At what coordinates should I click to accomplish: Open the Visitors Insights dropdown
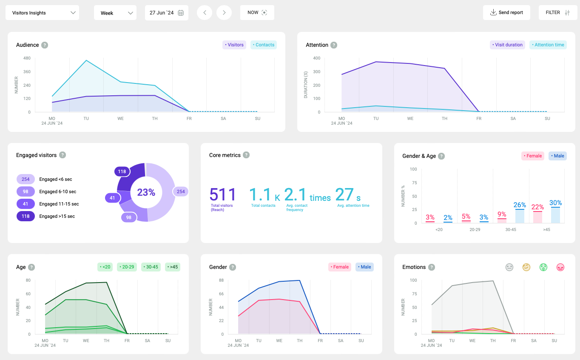pos(42,13)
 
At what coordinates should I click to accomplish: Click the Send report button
pos(506,13)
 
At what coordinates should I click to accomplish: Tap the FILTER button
pos(557,13)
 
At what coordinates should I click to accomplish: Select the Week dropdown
pos(115,13)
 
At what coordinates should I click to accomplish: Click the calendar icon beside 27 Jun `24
pos(181,13)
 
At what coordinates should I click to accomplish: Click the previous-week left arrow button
pos(205,13)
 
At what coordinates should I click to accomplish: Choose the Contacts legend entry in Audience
pos(264,45)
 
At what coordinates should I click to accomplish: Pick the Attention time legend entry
pos(548,45)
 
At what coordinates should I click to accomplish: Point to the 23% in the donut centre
pos(146,192)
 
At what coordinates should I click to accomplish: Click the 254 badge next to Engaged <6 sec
pos(26,179)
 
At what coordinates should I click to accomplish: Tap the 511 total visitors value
pos(222,195)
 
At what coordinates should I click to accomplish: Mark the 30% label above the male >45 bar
pos(555,203)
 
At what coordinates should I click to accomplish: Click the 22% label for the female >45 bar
pos(537,207)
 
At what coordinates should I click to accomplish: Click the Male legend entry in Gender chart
pos(364,267)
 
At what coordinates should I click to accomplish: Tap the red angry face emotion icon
pos(560,267)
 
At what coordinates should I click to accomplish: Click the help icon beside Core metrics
pos(246,155)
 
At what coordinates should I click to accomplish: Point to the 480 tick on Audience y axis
pos(27,58)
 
